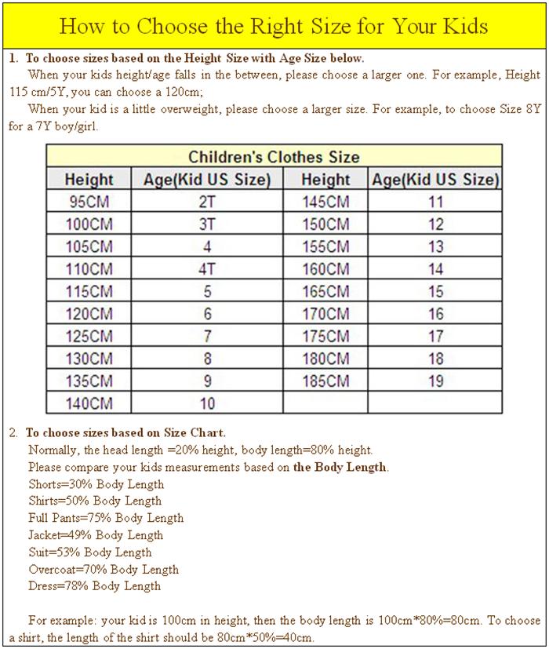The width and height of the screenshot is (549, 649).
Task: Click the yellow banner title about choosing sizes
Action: pos(274,26)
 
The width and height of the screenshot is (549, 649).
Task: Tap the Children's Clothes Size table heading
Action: pos(274,156)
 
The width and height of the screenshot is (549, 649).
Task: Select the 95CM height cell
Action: pos(89,202)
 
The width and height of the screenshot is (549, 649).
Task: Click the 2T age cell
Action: pos(207,202)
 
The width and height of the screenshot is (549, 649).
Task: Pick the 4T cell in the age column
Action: pos(207,269)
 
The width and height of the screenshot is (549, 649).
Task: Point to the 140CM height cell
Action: pos(89,404)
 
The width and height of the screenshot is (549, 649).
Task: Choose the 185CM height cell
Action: pos(325,382)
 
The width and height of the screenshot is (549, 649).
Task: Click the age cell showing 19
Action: pos(435,382)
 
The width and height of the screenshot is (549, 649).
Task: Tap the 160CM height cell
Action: pos(325,269)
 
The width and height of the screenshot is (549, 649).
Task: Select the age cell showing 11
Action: pos(435,202)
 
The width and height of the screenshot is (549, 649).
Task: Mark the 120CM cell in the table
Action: pos(89,314)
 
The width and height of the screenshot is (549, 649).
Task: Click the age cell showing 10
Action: pos(207,404)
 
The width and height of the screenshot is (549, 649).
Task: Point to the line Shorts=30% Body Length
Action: pos(96,484)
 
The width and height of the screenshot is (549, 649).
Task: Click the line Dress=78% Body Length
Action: pos(94,585)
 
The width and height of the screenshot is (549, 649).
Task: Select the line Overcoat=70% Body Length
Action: pos(103,569)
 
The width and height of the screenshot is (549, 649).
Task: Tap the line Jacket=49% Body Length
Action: pos(96,535)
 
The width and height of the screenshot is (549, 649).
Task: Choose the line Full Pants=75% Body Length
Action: pos(106,518)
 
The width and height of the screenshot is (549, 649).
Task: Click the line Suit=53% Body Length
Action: pos(90,552)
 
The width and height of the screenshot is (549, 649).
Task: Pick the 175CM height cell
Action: pos(325,337)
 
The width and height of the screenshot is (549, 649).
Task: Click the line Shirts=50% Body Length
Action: pos(95,501)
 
